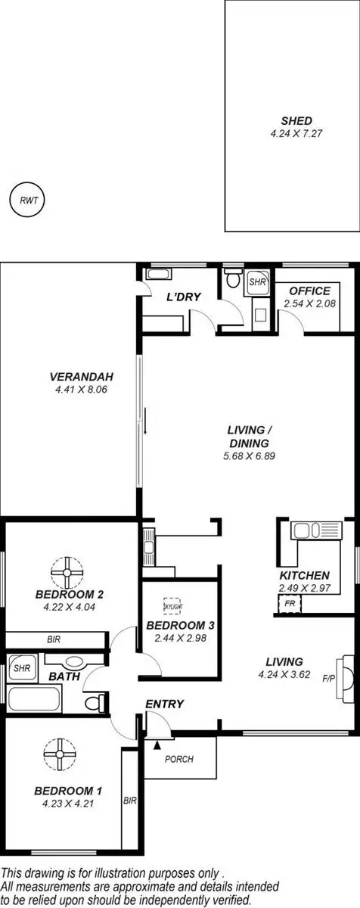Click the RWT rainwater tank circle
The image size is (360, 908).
[27, 201]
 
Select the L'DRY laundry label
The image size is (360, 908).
[183, 297]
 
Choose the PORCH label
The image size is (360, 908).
[178, 759]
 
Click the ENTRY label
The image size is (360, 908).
[165, 704]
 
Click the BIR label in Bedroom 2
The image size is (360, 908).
[54, 639]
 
